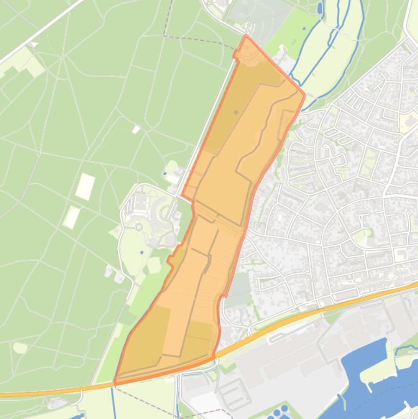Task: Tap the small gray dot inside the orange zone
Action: tap(236, 112)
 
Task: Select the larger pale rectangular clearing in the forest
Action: tap(85, 186)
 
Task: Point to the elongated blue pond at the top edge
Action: tap(319, 8)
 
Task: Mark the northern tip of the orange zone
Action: tap(246, 36)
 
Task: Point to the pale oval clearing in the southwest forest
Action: tap(20, 347)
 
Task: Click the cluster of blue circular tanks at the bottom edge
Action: tap(280, 411)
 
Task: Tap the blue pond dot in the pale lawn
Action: tap(142, 252)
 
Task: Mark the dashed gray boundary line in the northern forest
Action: tap(196, 39)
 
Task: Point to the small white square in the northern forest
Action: tap(136, 129)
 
